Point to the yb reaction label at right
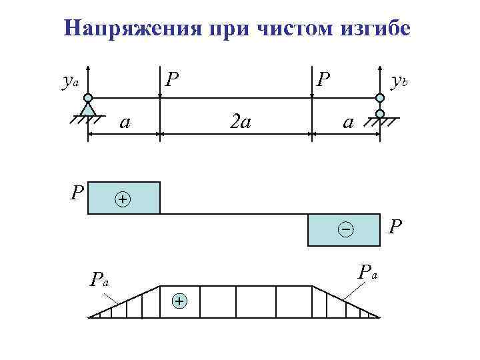399,81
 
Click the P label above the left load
172,80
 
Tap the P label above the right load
323,80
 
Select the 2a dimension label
238,122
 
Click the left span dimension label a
123,122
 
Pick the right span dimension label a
347,122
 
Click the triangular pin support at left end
88,107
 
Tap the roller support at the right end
380,106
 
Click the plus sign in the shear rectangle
123,199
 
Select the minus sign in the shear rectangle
345,230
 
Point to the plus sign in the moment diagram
179,301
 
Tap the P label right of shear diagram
395,227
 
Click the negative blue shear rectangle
343,230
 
